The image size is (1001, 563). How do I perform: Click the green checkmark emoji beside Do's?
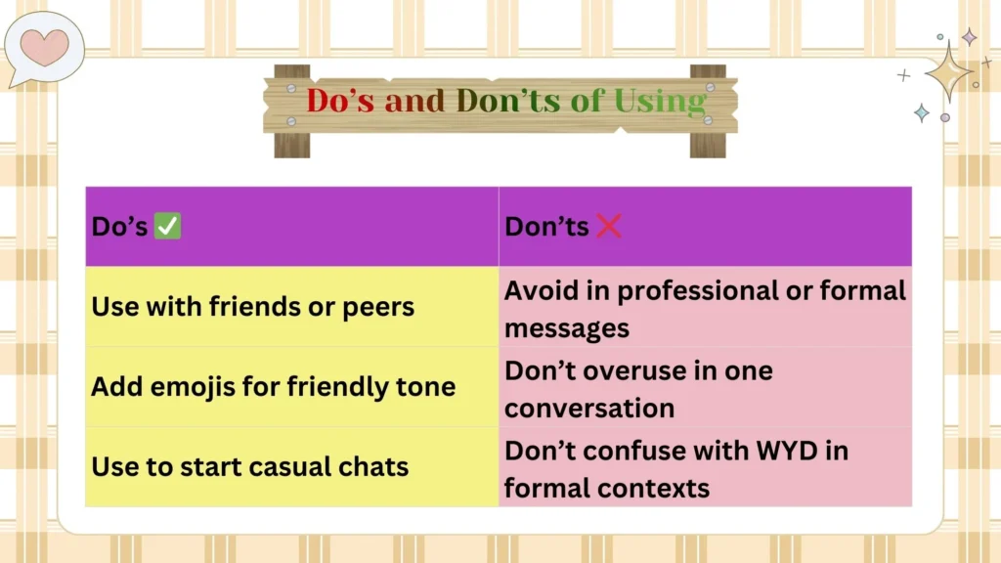tap(168, 227)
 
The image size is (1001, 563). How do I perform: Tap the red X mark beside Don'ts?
tap(608, 227)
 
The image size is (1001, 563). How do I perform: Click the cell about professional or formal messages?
tap(705, 308)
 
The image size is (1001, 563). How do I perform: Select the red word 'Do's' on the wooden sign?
tap(339, 101)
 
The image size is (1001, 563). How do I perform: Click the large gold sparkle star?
tap(946, 71)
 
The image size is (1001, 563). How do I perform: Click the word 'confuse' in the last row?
tap(631, 452)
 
